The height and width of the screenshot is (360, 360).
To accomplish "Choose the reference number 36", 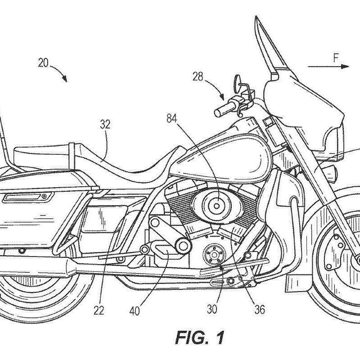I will coord(260,310).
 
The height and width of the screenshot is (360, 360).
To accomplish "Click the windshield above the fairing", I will coord(270,49).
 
